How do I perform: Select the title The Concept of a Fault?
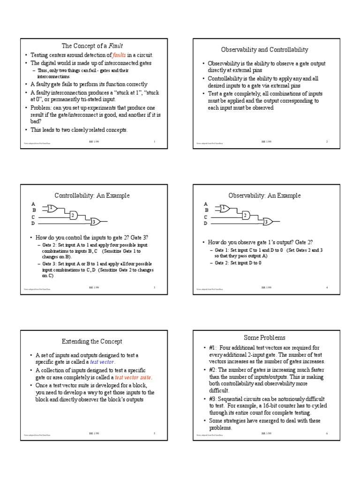[92, 45]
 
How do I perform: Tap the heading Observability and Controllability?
[264, 49]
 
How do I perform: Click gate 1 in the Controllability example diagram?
[52, 207]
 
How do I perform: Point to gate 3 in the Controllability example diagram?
[93, 222]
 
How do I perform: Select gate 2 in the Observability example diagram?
[245, 215]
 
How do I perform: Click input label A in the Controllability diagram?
[33, 204]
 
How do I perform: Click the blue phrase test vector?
[103, 362]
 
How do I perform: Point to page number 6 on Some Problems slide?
[326, 434]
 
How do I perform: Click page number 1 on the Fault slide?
[154, 141]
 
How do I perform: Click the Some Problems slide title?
[264, 337]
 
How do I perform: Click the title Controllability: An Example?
[92, 195]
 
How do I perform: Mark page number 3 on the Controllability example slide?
[154, 287]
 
